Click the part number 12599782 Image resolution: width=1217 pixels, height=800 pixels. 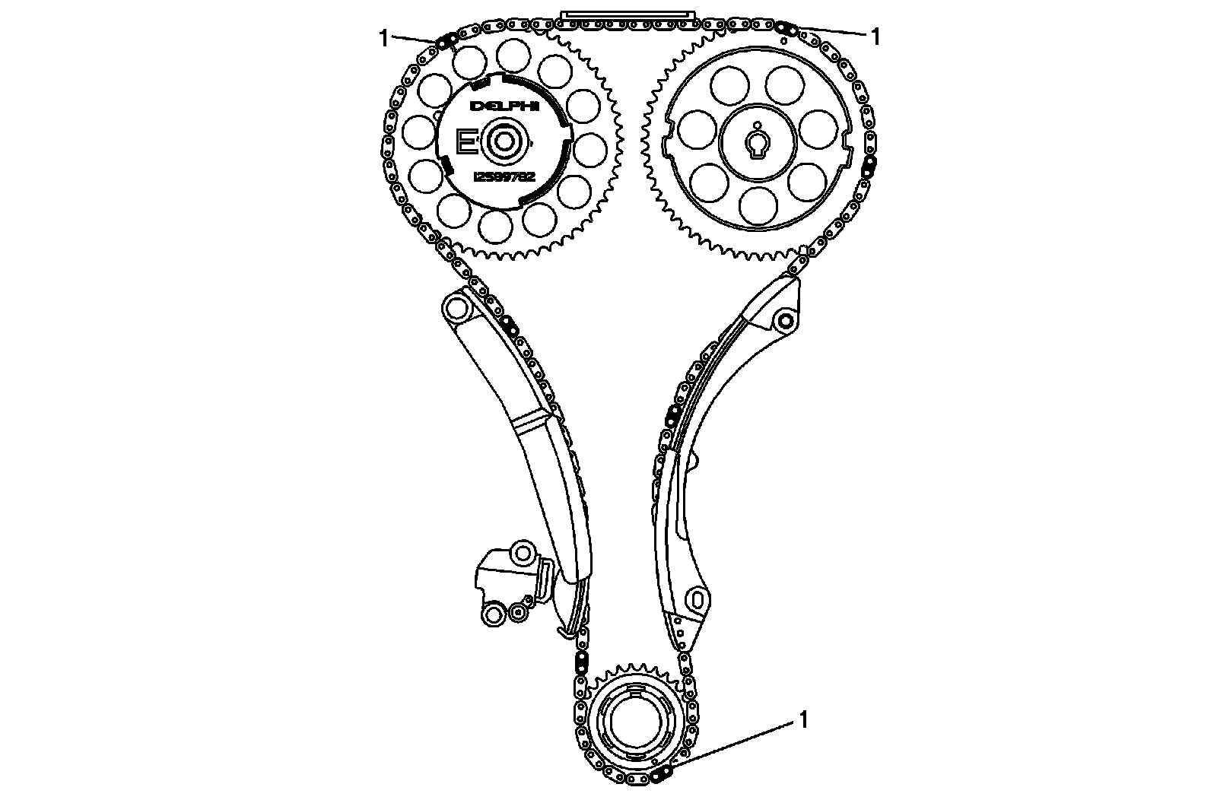coord(504,176)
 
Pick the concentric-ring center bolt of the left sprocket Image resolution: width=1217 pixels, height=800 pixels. coord(502,141)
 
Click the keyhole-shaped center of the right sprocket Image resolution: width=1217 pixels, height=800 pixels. coord(758,144)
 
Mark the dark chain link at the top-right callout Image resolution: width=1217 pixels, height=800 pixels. coord(786,28)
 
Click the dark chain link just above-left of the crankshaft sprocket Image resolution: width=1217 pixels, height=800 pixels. coord(580,659)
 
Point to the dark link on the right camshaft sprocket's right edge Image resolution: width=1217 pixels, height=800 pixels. coord(870,162)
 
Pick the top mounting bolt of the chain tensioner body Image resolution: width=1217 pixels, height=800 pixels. coord(523,551)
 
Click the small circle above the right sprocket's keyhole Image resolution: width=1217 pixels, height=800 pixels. coord(758,126)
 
